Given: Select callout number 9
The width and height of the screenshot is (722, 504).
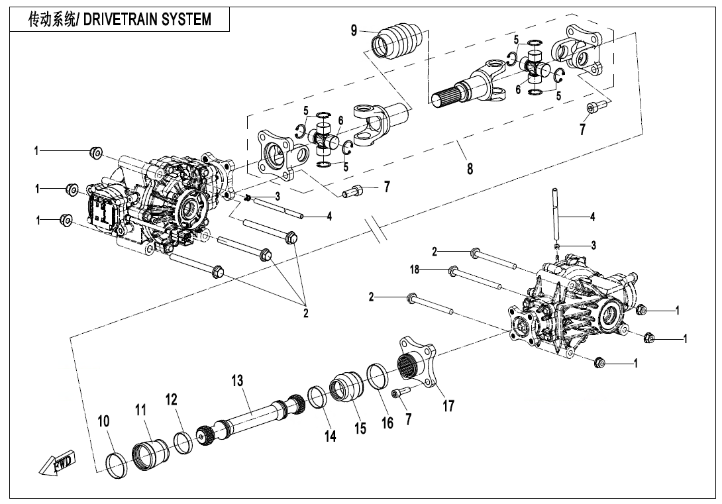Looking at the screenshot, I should (354, 30).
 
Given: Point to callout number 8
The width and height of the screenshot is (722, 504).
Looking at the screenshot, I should (470, 168).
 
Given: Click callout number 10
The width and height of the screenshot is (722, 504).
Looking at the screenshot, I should (104, 422).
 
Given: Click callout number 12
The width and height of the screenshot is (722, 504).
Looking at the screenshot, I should (172, 399).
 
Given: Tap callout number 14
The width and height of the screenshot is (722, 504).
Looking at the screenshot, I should (330, 435).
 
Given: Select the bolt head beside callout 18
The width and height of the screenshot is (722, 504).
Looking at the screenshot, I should (454, 270).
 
